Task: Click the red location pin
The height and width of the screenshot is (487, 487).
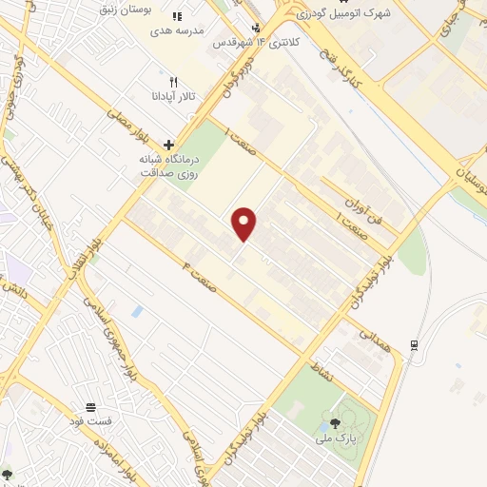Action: point(244,224)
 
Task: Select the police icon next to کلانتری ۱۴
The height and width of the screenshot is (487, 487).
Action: point(255,28)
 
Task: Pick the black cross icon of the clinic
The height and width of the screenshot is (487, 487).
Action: point(168,146)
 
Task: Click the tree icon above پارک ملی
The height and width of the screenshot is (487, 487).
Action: point(334,421)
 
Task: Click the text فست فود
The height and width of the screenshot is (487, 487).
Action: point(90,419)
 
